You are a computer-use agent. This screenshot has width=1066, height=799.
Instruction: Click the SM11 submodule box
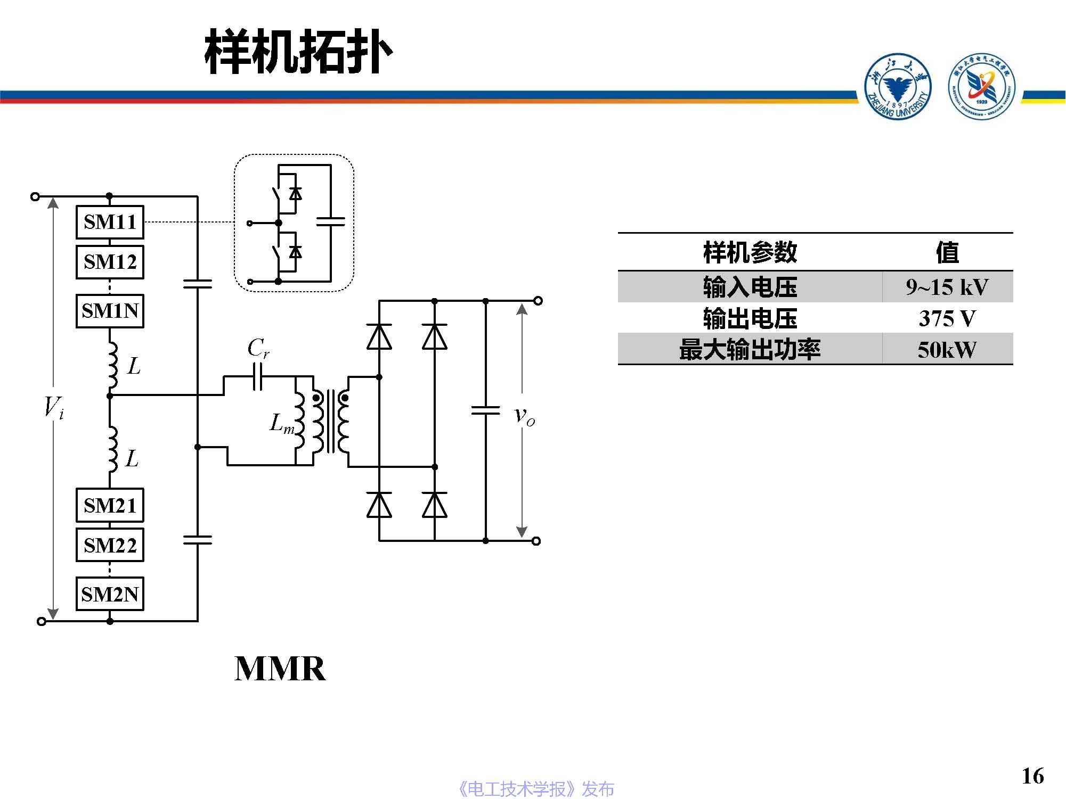tap(110, 222)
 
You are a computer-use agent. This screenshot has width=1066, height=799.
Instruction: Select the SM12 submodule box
tap(110, 262)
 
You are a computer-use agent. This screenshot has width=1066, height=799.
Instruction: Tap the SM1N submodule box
tap(110, 311)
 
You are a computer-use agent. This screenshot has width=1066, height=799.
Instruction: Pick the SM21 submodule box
tap(110, 505)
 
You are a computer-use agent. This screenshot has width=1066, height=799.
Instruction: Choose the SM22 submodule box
tap(110, 545)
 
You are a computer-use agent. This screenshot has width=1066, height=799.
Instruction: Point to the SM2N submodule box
tap(110, 594)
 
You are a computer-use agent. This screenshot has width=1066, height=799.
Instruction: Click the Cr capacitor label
tap(258, 349)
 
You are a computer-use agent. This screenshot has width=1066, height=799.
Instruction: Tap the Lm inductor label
tap(282, 424)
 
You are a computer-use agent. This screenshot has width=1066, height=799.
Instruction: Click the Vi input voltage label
tap(54, 408)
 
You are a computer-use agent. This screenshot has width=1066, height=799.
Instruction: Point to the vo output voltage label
tap(524, 416)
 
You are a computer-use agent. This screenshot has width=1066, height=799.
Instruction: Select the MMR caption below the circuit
tap(280, 669)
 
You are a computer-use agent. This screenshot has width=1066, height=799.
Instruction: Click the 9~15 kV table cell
tap(947, 287)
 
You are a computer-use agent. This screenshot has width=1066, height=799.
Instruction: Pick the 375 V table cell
tap(947, 319)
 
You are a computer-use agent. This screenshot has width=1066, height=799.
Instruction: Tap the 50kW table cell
tap(947, 350)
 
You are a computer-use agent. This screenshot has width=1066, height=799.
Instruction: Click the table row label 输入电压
tap(750, 287)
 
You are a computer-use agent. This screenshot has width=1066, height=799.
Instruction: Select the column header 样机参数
tap(750, 252)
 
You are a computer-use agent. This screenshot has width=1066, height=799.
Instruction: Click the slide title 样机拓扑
tap(298, 52)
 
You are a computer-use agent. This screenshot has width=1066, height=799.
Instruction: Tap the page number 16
tap(1032, 776)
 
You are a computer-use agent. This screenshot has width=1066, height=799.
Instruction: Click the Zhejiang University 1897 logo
tap(898, 86)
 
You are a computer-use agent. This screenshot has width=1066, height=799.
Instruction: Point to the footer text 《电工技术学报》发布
tap(536, 789)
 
